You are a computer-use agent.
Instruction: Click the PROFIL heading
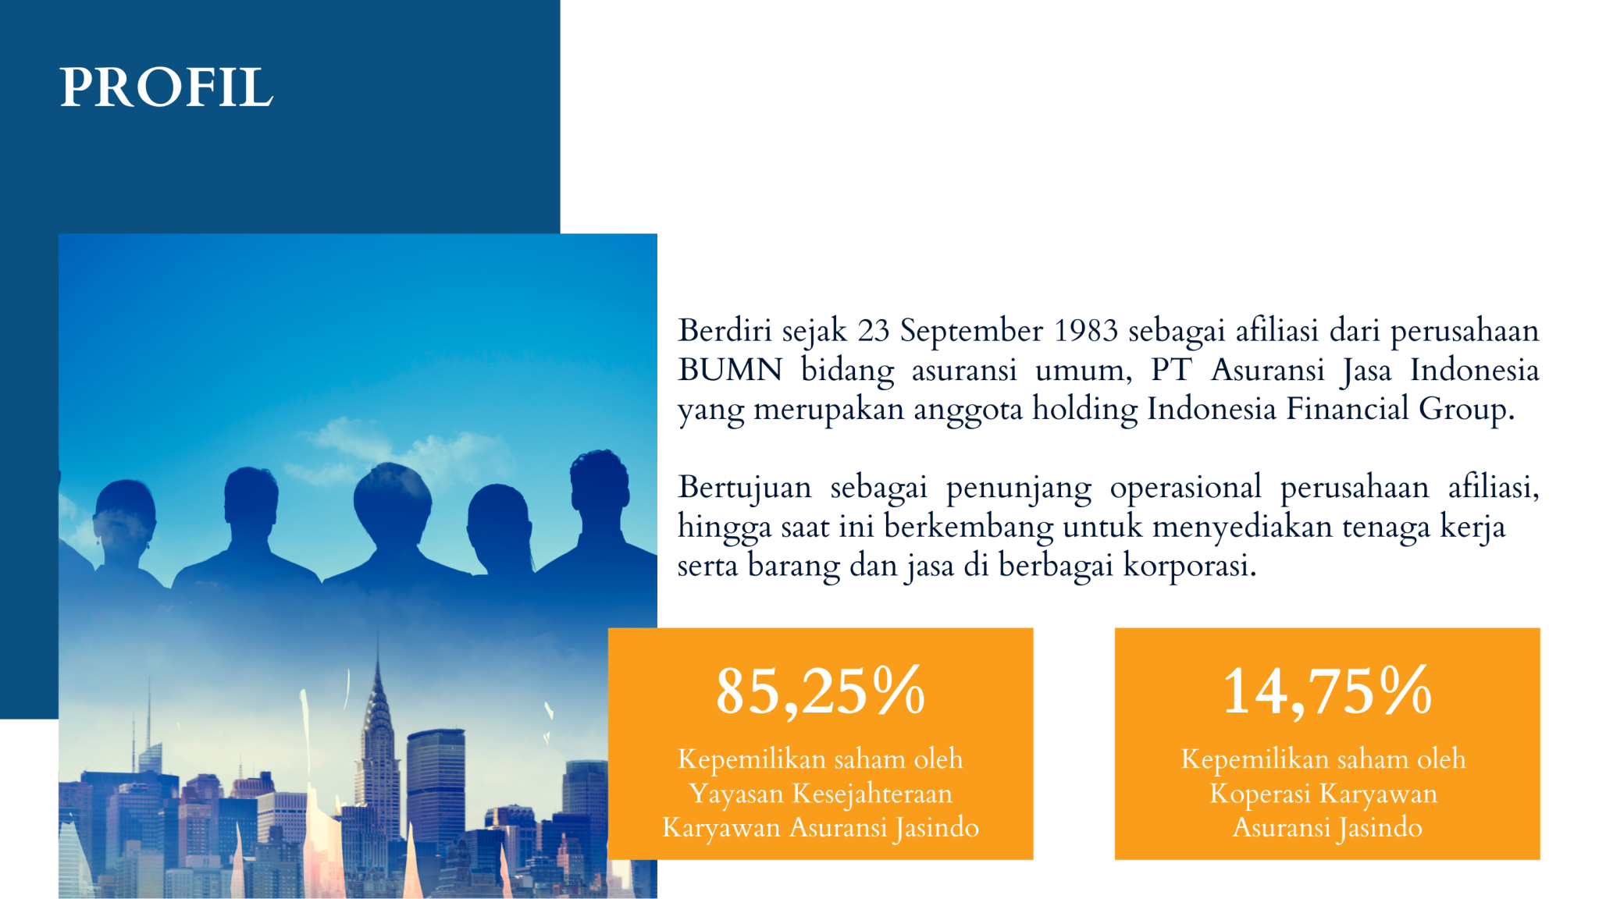(166, 87)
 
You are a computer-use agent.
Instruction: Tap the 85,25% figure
(820, 691)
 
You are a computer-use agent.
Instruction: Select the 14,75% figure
(1327, 691)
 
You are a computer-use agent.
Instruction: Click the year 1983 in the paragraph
(1085, 331)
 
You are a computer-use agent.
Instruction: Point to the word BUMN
(730, 370)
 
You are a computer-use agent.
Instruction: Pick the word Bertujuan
(745, 488)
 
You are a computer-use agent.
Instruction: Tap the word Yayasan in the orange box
(736, 794)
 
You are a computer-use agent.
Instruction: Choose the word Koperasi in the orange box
(1259, 794)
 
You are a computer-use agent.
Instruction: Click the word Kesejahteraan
(872, 794)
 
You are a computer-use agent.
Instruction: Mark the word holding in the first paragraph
(1084, 409)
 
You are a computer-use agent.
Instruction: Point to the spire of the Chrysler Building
(379, 663)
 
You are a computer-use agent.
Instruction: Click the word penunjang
(1019, 488)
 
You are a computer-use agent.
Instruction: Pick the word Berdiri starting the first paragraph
(725, 331)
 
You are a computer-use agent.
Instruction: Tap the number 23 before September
(874, 331)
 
